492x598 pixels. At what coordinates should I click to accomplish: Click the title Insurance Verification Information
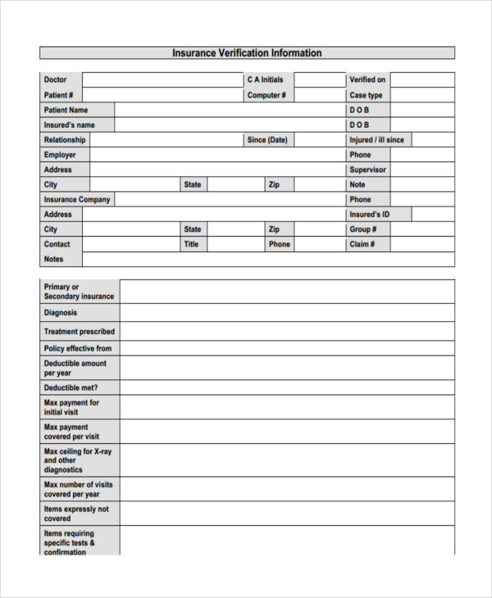click(247, 53)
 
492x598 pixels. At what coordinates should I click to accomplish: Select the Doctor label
click(56, 79)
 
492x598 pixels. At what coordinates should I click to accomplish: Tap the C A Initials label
click(265, 79)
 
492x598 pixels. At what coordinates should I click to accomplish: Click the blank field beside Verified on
click(421, 79)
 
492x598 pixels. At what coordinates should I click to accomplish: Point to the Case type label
click(366, 95)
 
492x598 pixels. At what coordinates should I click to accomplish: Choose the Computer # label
click(266, 95)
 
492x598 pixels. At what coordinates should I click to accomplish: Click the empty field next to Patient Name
click(230, 110)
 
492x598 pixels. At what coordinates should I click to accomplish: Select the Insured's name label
click(70, 125)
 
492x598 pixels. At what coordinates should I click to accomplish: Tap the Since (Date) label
click(267, 140)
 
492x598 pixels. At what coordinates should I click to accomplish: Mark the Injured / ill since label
click(376, 140)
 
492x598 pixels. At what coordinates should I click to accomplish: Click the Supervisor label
click(367, 170)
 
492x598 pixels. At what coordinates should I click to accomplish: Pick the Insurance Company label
click(77, 199)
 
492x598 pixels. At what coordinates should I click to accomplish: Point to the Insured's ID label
click(370, 215)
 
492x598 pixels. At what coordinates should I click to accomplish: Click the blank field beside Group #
click(421, 229)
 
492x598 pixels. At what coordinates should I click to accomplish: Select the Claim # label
click(362, 244)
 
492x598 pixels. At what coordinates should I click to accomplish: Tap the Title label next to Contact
click(191, 244)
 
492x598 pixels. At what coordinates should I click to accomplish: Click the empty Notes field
click(268, 259)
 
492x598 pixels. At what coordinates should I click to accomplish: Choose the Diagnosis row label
click(61, 312)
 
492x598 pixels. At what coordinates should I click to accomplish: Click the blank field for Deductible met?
click(287, 387)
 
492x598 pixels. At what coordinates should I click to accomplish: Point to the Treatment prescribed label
click(80, 332)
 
